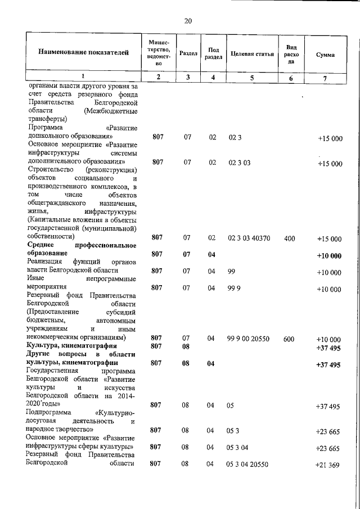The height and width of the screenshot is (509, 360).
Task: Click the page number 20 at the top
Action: (x=188, y=21)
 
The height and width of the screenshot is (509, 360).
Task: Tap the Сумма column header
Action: (x=325, y=55)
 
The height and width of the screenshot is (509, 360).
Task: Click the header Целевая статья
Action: (x=252, y=55)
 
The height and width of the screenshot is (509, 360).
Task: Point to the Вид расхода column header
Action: (x=291, y=55)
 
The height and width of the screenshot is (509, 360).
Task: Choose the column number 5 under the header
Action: (x=252, y=78)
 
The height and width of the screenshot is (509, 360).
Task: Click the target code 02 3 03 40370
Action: (x=249, y=238)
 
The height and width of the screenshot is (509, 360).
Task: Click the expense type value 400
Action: (x=290, y=238)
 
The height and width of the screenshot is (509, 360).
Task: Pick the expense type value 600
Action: (x=289, y=340)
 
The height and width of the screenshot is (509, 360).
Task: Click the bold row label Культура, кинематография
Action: (x=71, y=345)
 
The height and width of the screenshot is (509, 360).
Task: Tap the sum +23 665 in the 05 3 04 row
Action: (x=328, y=448)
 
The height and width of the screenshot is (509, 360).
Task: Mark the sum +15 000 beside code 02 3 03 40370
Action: (x=330, y=238)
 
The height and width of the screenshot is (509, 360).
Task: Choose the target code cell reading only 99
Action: (x=231, y=272)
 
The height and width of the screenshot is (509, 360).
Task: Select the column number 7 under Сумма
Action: (x=325, y=78)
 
